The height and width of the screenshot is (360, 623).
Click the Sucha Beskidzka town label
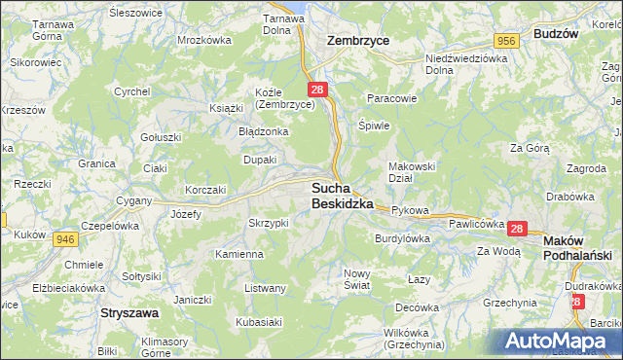pos(343,196)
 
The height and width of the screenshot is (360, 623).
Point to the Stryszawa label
pos(129,314)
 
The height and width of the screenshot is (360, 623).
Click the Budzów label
pos(557,33)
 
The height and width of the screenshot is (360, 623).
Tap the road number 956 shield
pos(504,40)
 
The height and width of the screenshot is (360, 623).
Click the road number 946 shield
pos(65,238)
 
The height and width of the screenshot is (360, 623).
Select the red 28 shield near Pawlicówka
pos(516,229)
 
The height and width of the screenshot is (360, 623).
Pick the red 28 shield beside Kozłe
pos(318,90)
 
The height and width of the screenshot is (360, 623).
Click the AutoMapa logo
pos(560,341)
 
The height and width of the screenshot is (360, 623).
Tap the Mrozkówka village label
pos(203,40)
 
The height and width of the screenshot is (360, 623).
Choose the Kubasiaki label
pos(259,320)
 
